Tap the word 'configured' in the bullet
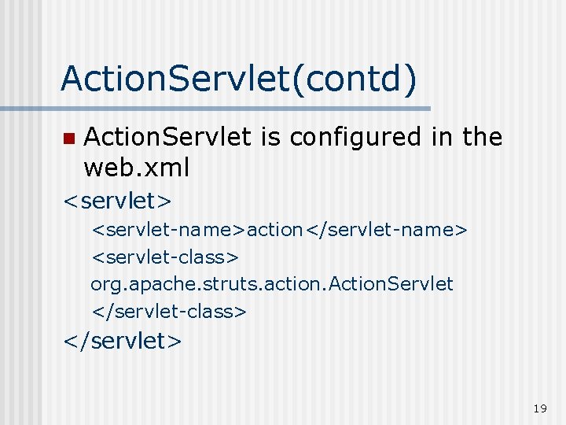[x=355, y=138]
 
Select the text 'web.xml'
[x=137, y=167]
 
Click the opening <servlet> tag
[x=117, y=200]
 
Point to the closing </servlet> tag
[x=123, y=340]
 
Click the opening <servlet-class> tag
[x=166, y=257]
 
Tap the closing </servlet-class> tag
[x=169, y=311]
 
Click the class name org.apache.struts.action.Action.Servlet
[x=272, y=283]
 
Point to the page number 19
[x=539, y=408]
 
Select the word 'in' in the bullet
[x=442, y=138]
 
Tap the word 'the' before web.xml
[x=482, y=138]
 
